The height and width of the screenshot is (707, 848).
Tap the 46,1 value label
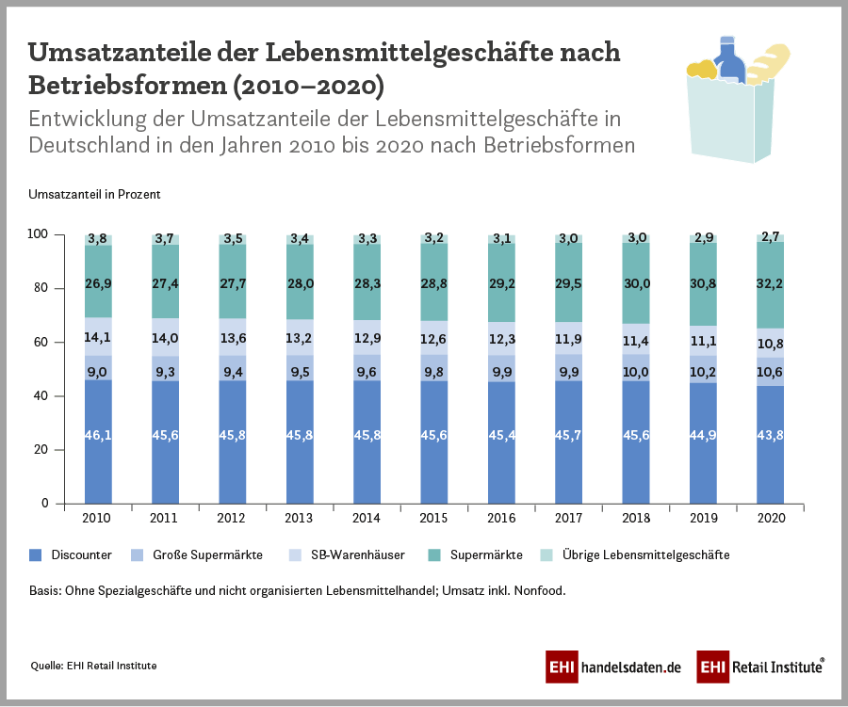click(x=98, y=435)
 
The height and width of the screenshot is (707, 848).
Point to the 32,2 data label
click(x=771, y=281)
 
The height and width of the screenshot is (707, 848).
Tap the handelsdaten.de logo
click(x=613, y=667)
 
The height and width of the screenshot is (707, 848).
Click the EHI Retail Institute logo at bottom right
click(x=761, y=667)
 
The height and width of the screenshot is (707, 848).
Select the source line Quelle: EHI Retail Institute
click(x=93, y=666)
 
